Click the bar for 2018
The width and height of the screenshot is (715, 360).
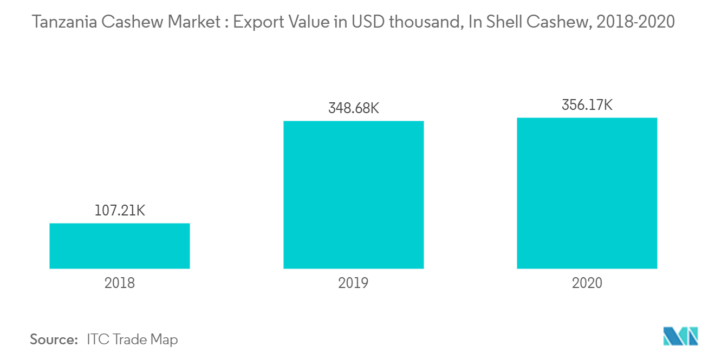click(120, 246)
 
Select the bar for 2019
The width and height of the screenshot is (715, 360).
click(353, 194)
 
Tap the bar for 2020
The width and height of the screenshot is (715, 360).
click(587, 193)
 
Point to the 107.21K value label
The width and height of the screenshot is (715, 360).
click(120, 211)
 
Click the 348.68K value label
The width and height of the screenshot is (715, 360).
click(353, 108)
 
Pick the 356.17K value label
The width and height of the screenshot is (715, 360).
click(587, 104)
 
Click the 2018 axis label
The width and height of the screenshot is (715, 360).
click(120, 283)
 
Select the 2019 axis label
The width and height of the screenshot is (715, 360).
click(353, 283)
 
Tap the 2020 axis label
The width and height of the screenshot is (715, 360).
click(587, 283)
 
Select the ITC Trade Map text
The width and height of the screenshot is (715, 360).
click(132, 339)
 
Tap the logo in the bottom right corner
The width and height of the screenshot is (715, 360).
click(680, 336)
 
